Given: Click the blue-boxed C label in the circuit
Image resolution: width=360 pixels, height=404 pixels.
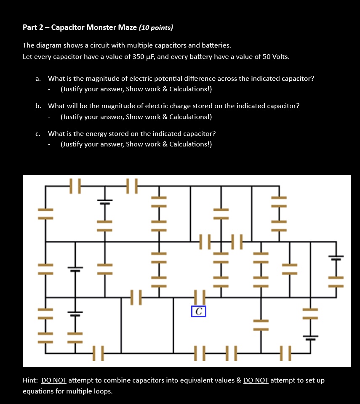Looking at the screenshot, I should (199, 311).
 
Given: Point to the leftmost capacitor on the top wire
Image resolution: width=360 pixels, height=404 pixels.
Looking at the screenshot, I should (75, 186).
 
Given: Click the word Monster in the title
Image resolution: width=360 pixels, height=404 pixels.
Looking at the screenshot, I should (101, 28).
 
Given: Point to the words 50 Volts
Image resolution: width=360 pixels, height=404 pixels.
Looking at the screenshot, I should (275, 56).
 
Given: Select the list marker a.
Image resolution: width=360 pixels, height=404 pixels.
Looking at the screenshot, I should (38, 79).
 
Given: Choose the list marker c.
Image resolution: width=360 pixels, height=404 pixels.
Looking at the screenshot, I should (38, 134).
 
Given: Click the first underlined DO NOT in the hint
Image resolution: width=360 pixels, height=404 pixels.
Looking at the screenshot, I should (54, 380).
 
